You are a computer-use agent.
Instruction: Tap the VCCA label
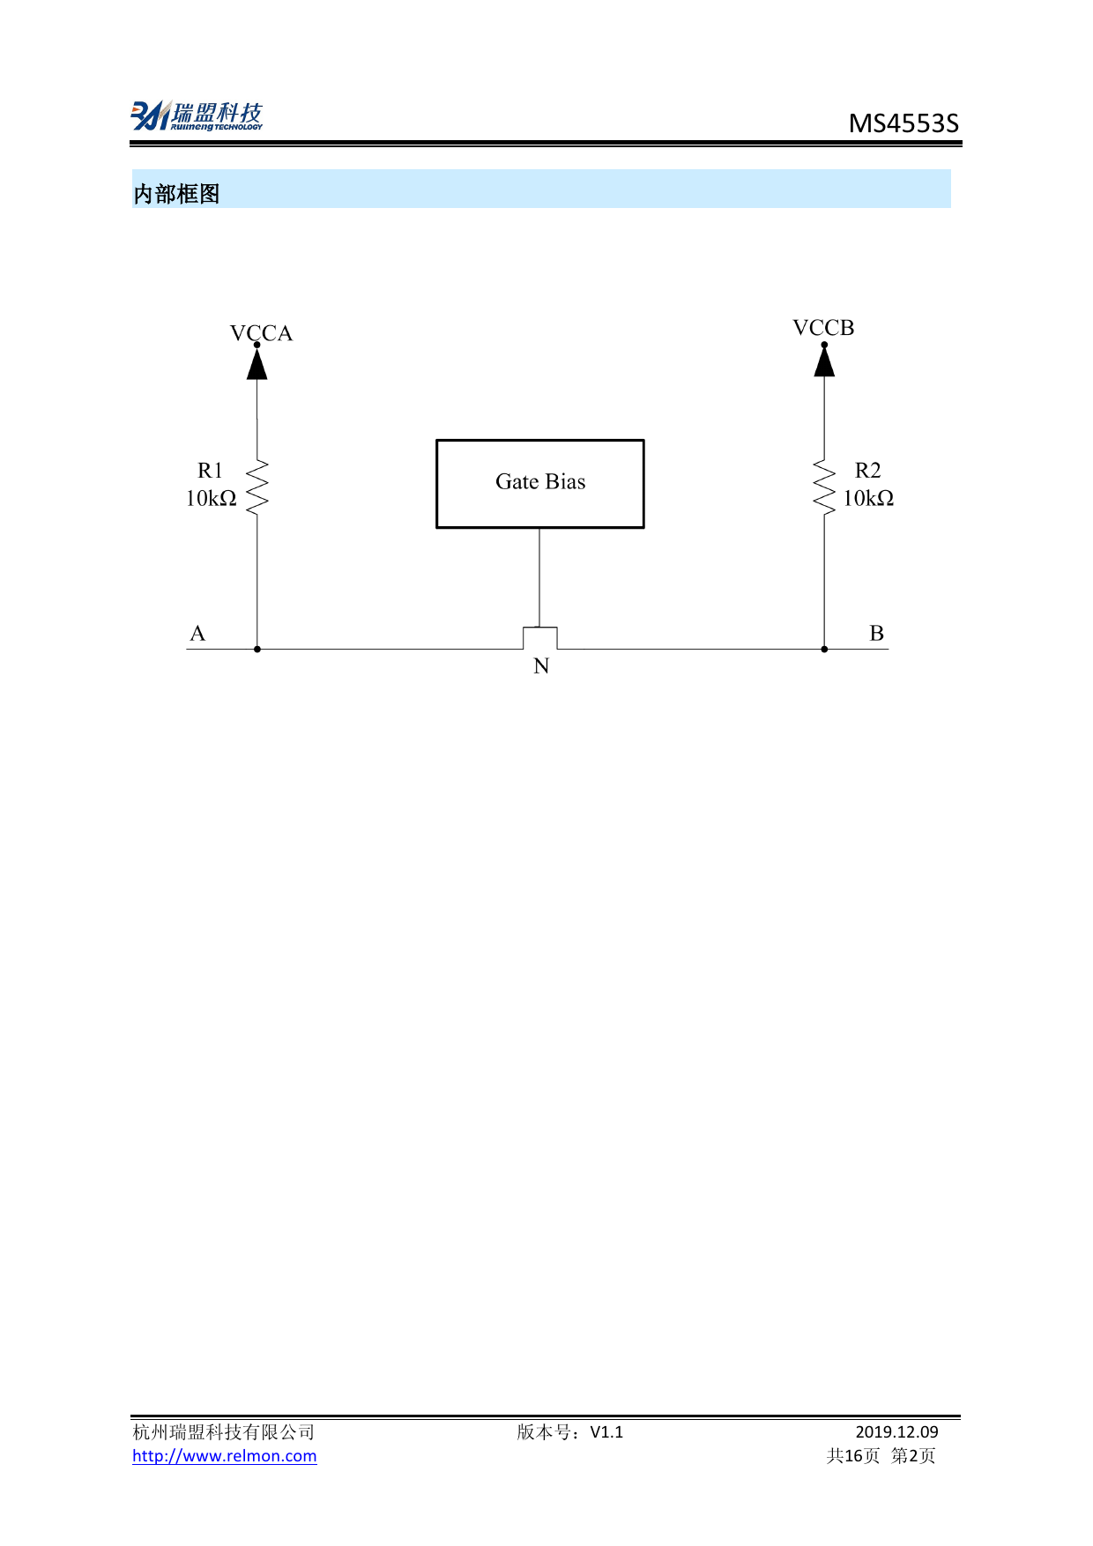[261, 333]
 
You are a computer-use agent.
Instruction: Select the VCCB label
[823, 328]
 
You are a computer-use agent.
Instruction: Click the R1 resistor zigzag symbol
[257, 487]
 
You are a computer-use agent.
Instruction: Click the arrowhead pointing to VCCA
[257, 362]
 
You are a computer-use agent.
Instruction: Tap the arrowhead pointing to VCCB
[824, 360]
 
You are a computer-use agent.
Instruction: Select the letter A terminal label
[197, 634]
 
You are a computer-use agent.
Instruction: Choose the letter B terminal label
[876, 633]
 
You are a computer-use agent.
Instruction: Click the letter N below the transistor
[541, 666]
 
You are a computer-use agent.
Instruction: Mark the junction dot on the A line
[257, 649]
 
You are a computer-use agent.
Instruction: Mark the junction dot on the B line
[824, 649]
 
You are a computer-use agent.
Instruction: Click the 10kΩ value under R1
[212, 499]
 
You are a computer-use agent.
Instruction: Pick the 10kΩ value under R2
[868, 499]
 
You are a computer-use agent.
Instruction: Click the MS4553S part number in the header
[903, 123]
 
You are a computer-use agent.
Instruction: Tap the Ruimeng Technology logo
[197, 115]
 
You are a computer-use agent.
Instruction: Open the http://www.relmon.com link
[225, 1456]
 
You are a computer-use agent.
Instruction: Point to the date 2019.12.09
[896, 1432]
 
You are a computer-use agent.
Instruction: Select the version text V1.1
[606, 1432]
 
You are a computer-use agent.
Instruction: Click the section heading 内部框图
[176, 194]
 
